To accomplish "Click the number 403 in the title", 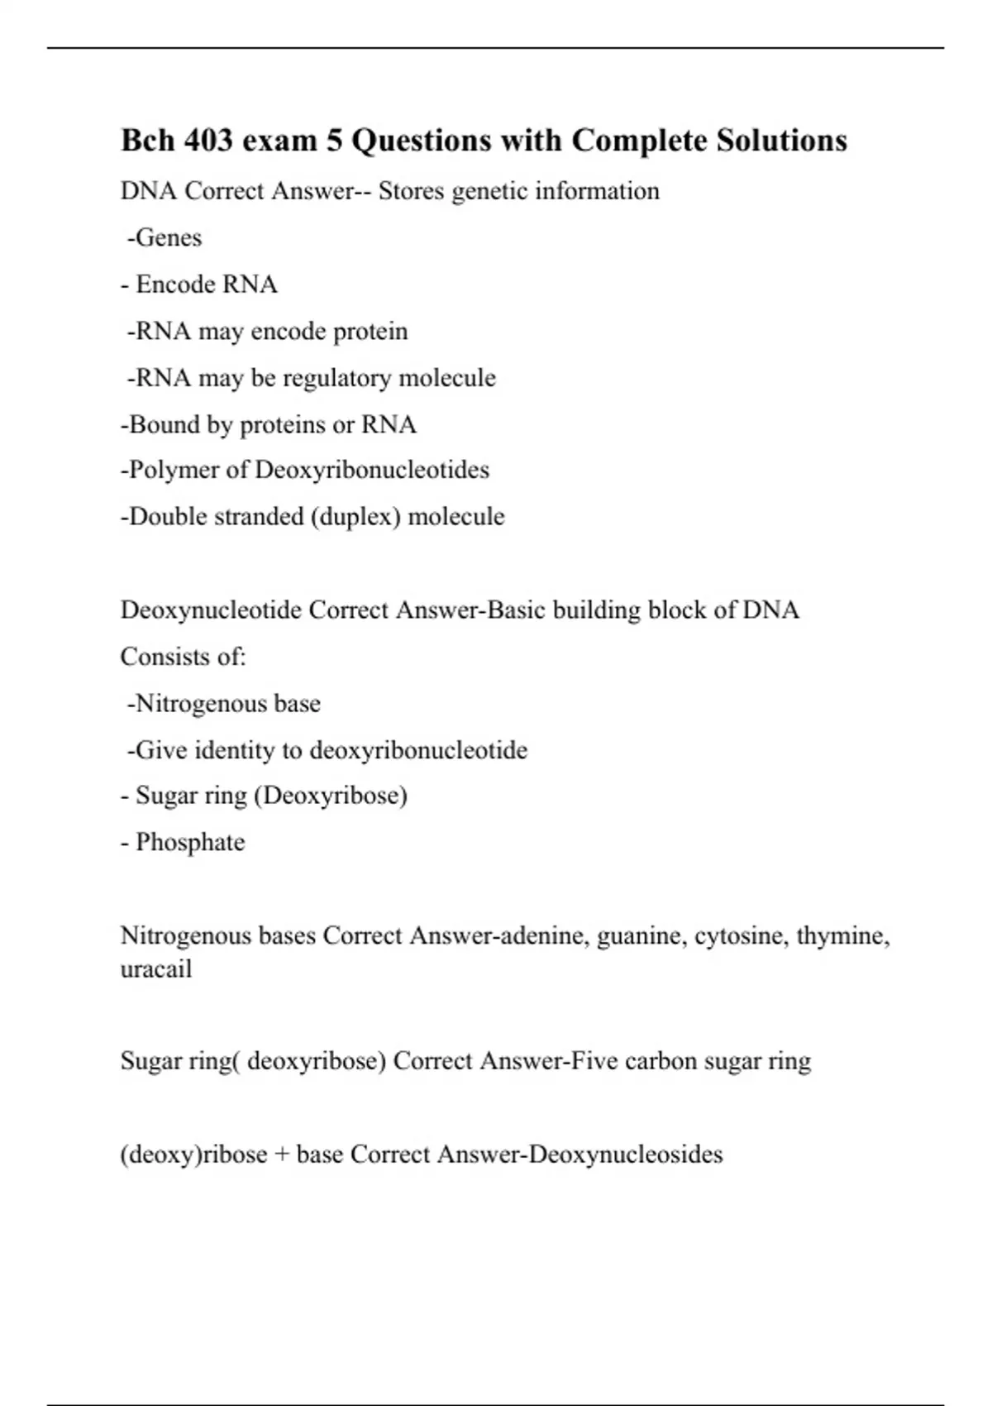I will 208,141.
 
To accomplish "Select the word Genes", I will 169,238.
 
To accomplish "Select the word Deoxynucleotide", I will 211,610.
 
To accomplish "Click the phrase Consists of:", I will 184,657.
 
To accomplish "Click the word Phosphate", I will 190,843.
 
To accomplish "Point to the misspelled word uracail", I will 156,968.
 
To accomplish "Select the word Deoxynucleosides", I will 625,1155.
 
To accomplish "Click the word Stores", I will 411,192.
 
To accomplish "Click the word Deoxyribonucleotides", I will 372,471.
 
